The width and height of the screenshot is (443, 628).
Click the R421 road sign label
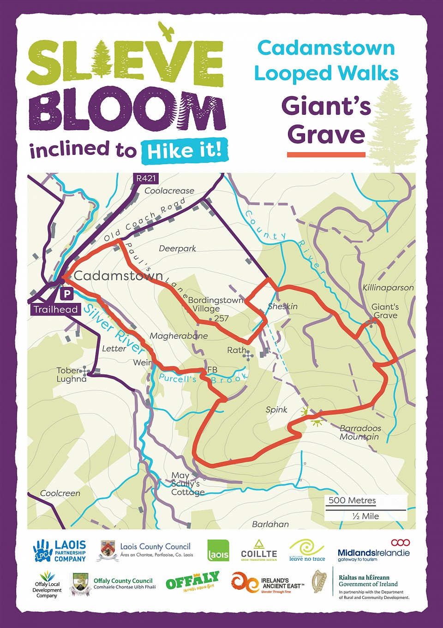pos(146,178)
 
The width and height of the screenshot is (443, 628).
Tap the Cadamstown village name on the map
pos(118,276)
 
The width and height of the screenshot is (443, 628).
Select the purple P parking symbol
pos(67,293)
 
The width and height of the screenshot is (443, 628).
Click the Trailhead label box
pos(56,309)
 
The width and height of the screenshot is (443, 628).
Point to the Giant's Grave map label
pos(385,311)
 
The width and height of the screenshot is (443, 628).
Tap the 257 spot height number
pos(221,318)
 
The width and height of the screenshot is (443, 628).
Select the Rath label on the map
pos(237,350)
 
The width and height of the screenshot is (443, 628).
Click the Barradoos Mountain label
pos(360,432)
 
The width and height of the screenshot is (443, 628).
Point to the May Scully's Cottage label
pos(186,484)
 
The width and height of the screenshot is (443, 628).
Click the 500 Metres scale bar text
pos(352,500)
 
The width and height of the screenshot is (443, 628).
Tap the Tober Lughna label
pos(71,375)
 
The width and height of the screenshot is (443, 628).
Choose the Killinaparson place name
pos(388,288)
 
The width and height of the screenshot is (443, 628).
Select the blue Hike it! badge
pos(185,151)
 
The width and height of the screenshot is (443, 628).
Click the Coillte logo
pos(259,550)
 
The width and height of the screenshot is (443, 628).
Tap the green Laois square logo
pos(218,551)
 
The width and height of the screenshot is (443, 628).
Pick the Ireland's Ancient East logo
pos(268,582)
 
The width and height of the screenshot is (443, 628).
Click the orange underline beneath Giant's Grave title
pos(326,155)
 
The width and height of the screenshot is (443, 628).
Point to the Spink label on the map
pos(276,409)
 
